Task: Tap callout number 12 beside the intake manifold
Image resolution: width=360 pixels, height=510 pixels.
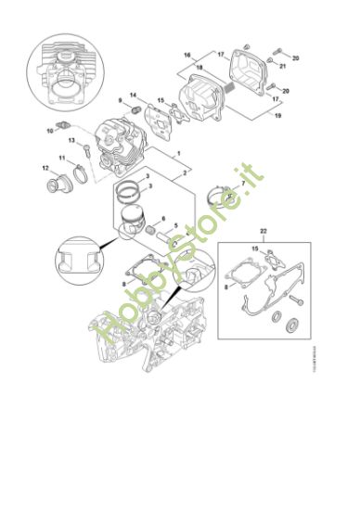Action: click(x=45, y=168)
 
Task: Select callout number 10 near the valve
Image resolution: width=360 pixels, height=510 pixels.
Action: click(x=49, y=130)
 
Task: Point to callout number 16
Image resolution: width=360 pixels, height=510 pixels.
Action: click(x=186, y=55)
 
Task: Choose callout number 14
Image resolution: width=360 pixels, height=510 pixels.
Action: click(x=134, y=94)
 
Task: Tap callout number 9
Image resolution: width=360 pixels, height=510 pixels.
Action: click(x=120, y=100)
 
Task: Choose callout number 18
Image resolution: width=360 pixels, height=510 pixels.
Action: click(x=198, y=66)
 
